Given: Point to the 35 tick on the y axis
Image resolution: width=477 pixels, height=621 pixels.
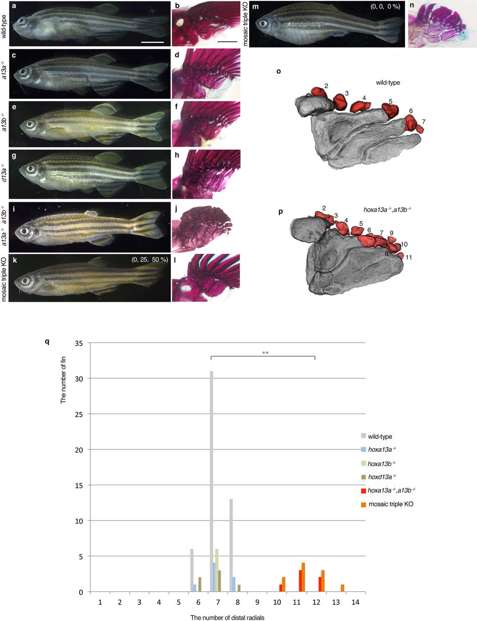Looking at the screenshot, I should pyautogui.click(x=79, y=343).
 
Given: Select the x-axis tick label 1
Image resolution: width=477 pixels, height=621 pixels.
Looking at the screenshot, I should pyautogui.click(x=100, y=602).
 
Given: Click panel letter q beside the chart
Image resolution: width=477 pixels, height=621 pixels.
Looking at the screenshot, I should pyautogui.click(x=47, y=342).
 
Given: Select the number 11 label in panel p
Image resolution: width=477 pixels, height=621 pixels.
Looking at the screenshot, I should pyautogui.click(x=408, y=257).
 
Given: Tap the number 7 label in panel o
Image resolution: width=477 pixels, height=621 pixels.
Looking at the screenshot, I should pyautogui.click(x=424, y=122).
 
